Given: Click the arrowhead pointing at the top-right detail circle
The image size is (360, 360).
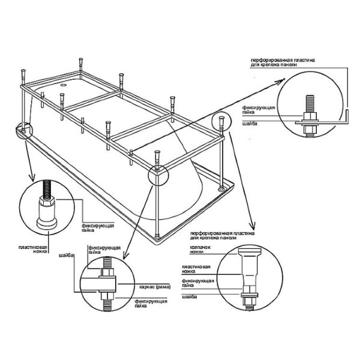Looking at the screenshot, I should (x=280, y=86).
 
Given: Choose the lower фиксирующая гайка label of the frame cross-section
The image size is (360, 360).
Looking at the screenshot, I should (x=148, y=302).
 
